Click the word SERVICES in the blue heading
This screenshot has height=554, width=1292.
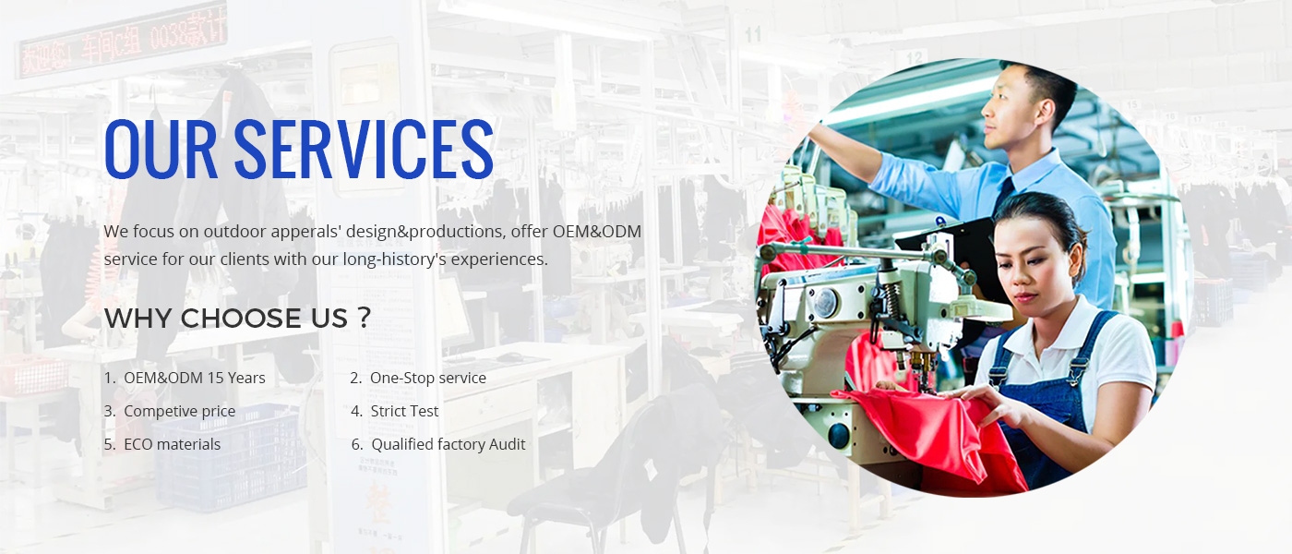[364, 149]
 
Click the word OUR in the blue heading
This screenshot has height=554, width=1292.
[161, 149]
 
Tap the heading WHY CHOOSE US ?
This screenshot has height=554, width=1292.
[237, 318]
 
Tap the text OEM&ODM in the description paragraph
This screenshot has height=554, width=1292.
[597, 232]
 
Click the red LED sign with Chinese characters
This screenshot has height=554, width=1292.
[122, 40]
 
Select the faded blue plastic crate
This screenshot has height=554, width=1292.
[230, 457]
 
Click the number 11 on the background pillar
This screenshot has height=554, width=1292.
[753, 35]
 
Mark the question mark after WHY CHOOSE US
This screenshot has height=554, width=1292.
[364, 318]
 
